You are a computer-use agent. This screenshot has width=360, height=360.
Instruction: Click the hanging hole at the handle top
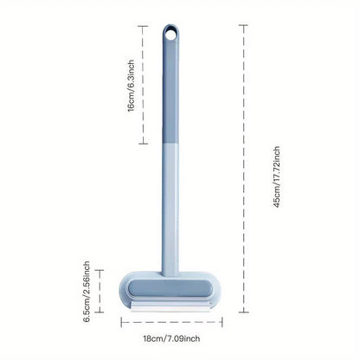tap(170, 35)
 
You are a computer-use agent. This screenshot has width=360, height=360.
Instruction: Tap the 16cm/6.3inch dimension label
tap(131, 86)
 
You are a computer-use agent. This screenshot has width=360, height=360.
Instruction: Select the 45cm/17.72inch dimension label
tap(277, 177)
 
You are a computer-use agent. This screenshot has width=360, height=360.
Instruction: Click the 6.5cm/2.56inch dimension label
tap(87, 292)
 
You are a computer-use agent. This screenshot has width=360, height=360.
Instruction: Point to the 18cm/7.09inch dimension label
tap(171, 338)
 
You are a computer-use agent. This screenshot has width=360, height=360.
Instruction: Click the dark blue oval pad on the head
tap(170, 288)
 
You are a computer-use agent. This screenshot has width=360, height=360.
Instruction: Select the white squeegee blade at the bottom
tap(171, 307)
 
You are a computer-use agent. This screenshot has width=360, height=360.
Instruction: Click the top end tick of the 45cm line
tap(243, 25)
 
